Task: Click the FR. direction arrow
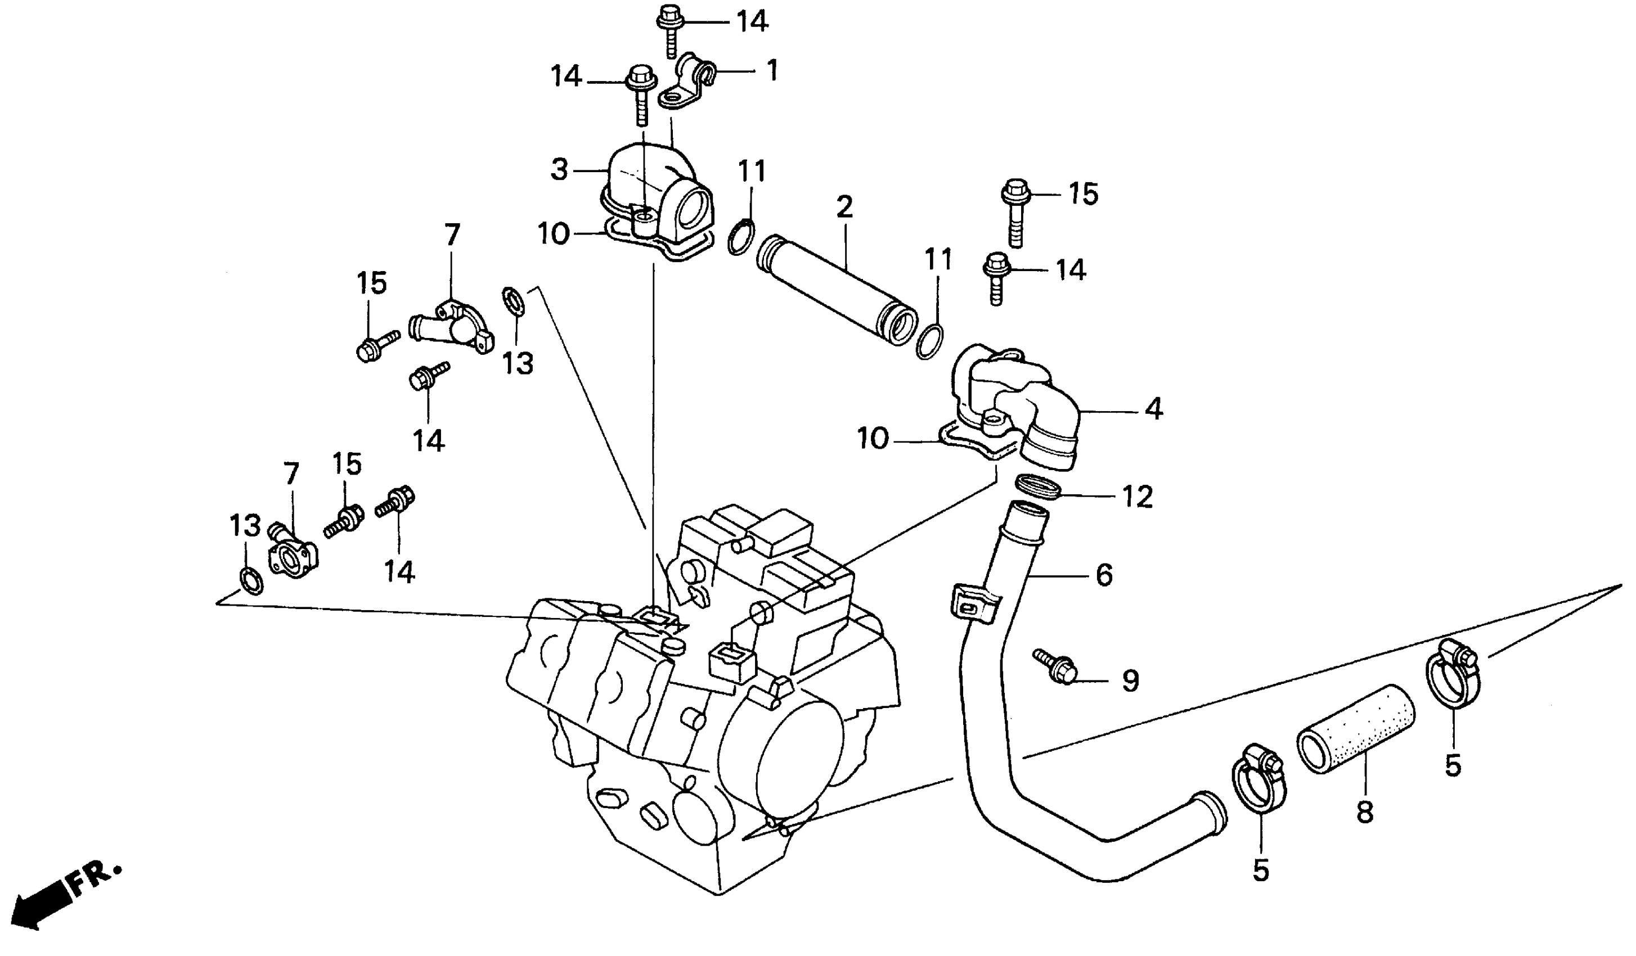pos(46,899)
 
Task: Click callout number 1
pos(771,71)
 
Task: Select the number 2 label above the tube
pos(843,206)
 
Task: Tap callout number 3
pos(559,169)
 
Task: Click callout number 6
pos(1104,575)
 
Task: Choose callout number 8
pos(1365,811)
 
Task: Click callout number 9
pos(1130,681)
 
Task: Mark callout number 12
pos(1138,497)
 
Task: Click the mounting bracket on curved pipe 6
pos(970,603)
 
